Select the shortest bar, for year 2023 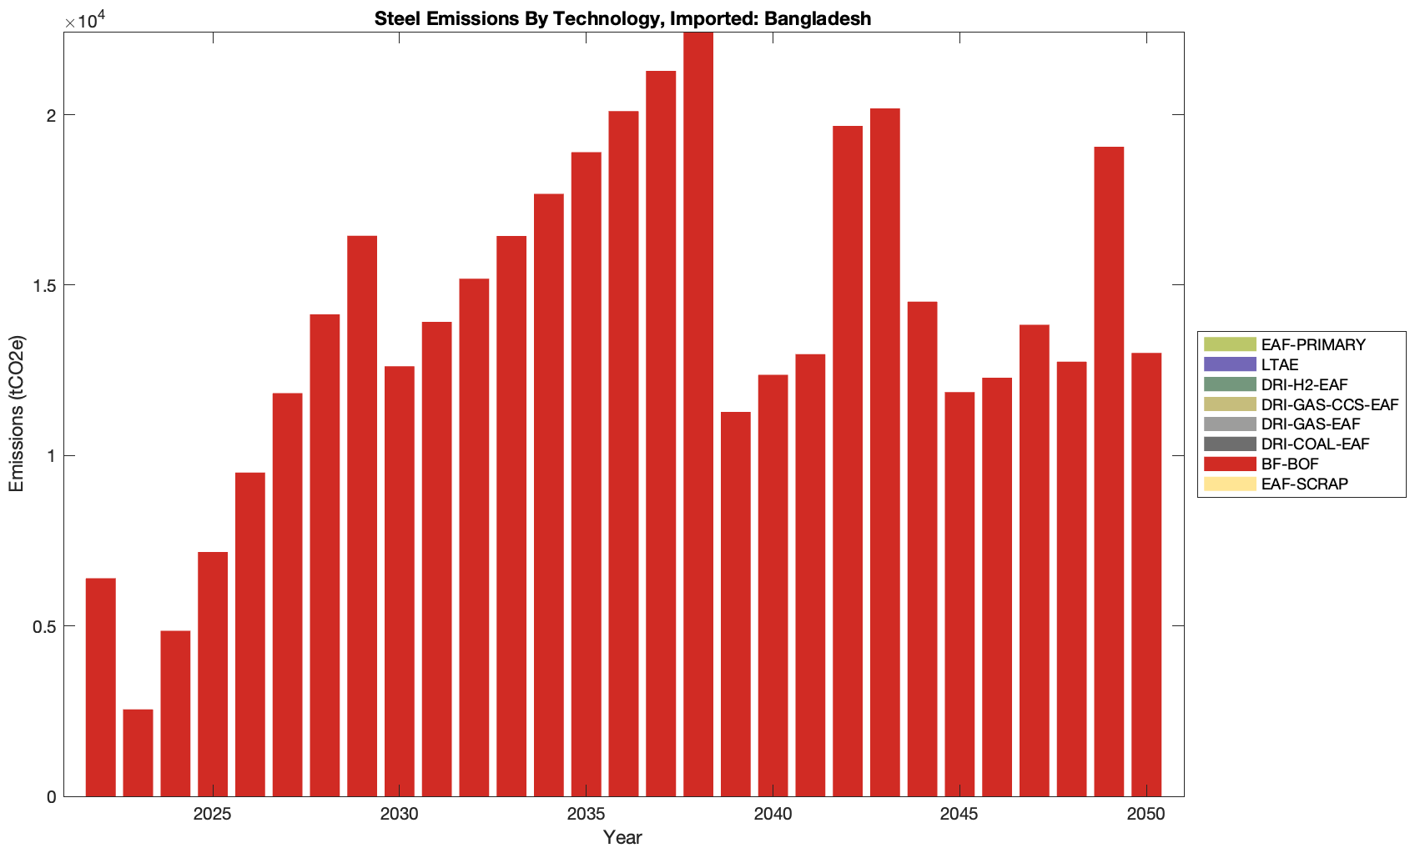pyautogui.click(x=138, y=753)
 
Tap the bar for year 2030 pyautogui.click(x=399, y=581)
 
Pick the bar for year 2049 pyautogui.click(x=1109, y=471)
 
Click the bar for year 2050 pyautogui.click(x=1146, y=575)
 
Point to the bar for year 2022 pyautogui.click(x=100, y=687)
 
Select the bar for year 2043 pyautogui.click(x=884, y=452)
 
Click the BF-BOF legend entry pyautogui.click(x=1290, y=464)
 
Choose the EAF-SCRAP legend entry pyautogui.click(x=1304, y=484)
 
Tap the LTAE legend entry pyautogui.click(x=1280, y=365)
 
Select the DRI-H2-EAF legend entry pyautogui.click(x=1304, y=385)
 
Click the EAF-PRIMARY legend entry pyautogui.click(x=1313, y=345)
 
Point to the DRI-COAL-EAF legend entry pyautogui.click(x=1315, y=444)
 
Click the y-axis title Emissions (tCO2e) pyautogui.click(x=17, y=414)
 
